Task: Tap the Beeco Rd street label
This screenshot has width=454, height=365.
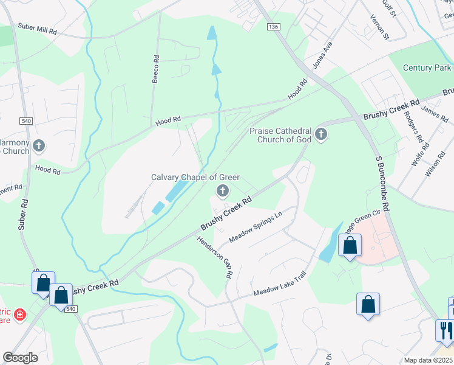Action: [156, 69]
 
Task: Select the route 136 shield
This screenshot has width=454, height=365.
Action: [274, 27]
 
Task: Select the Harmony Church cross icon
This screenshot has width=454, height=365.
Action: [39, 145]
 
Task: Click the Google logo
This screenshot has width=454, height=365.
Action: [20, 358]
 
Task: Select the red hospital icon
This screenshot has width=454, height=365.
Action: [20, 315]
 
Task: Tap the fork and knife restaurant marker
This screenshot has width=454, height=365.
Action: [444, 330]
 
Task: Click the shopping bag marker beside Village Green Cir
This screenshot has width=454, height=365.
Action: [350, 245]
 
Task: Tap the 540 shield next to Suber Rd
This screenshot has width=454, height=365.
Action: [25, 121]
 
